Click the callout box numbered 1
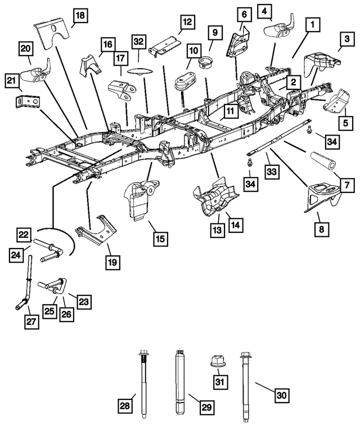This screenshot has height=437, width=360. tap(313, 25)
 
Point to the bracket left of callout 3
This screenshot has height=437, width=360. tap(317, 64)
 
